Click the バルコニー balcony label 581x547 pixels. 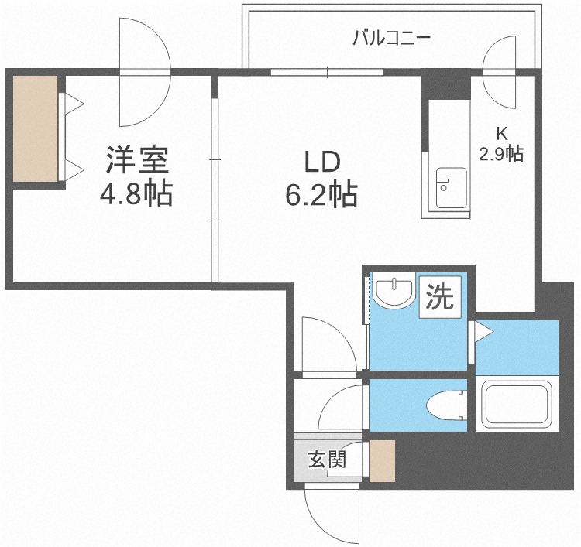pyautogui.click(x=392, y=38)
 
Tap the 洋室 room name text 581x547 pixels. pyautogui.click(x=137, y=160)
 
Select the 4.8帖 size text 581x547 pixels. pyautogui.click(x=136, y=193)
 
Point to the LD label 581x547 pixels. pyautogui.click(x=322, y=162)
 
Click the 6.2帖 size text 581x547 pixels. pyautogui.click(x=321, y=194)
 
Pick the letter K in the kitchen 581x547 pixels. pyautogui.click(x=502, y=134)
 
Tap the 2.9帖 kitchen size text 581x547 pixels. pyautogui.click(x=501, y=154)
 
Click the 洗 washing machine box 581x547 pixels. pyautogui.click(x=440, y=297)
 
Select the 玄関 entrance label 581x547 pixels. pyautogui.click(x=327, y=460)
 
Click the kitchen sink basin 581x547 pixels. pyautogui.click(x=452, y=188)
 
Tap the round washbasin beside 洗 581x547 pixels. pyautogui.click(x=394, y=292)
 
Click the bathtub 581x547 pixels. pyautogui.click(x=517, y=404)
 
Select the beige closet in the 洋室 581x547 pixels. pyautogui.click(x=36, y=128)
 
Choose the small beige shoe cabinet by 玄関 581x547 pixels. pyautogui.click(x=383, y=461)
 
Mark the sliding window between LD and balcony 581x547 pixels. pyautogui.click(x=327, y=72)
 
